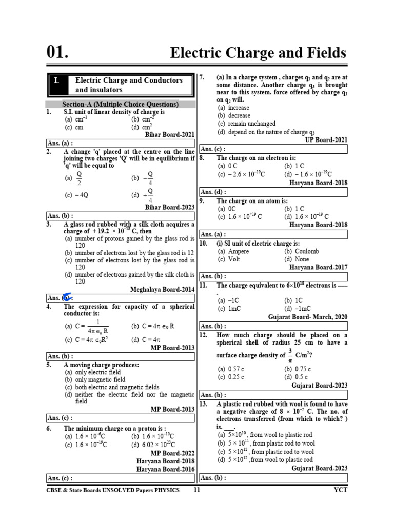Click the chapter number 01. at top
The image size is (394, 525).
click(57, 52)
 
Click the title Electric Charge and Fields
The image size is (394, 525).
click(258, 53)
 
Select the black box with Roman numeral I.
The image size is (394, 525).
click(57, 85)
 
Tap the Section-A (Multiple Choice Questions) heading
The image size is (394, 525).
click(120, 104)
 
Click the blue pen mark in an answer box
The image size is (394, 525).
click(67, 297)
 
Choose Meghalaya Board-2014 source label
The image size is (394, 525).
click(163, 290)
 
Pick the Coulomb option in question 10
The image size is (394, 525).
click(301, 251)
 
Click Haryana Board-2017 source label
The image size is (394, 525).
click(318, 267)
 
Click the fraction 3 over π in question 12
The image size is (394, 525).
click(290, 355)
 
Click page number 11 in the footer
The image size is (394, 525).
click(196, 490)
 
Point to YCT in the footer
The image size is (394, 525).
click(340, 490)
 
